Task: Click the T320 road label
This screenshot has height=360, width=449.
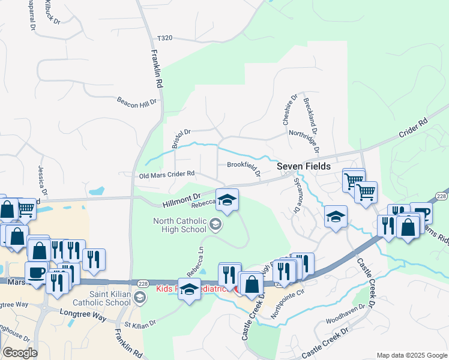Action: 164,38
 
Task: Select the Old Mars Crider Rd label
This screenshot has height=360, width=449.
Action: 167,174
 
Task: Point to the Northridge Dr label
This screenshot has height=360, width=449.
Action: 303,133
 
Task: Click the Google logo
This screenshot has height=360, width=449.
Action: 20,353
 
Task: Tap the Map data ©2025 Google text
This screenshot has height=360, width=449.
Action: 412,355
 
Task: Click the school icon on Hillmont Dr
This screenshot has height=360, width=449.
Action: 227,200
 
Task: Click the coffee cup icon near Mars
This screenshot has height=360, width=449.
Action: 37,272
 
